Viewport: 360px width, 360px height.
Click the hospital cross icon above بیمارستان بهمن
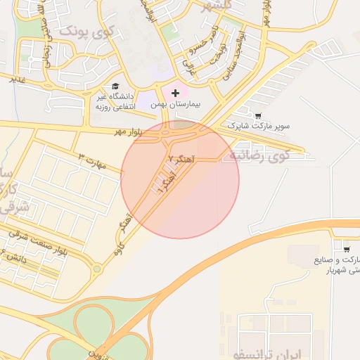[175, 93]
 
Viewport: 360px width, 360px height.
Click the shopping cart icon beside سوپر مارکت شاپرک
[257, 115]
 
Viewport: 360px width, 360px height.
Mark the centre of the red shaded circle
[180, 180]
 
